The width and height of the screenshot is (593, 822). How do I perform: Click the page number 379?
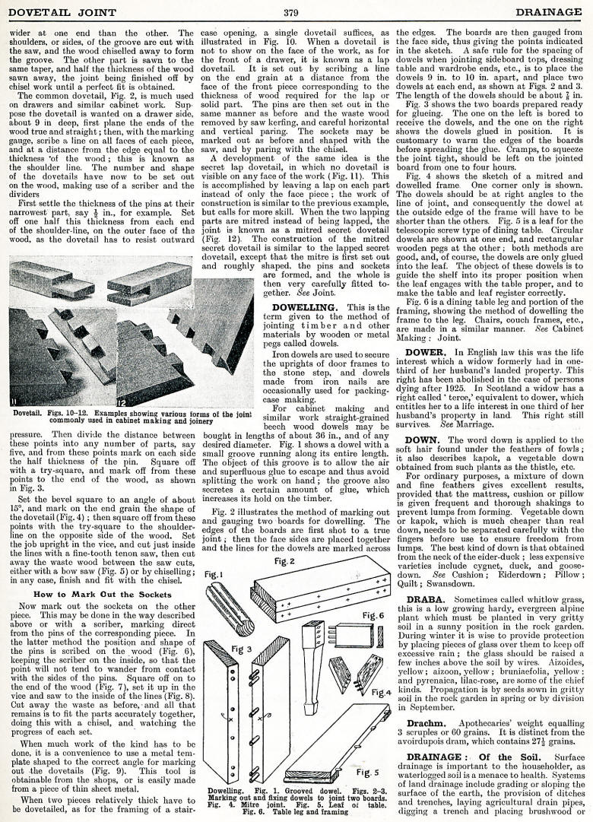click(290, 12)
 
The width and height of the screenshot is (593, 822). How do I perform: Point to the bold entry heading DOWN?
click(421, 440)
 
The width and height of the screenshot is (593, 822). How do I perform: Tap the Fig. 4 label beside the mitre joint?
click(381, 692)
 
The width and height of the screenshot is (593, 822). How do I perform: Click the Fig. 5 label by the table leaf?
click(367, 773)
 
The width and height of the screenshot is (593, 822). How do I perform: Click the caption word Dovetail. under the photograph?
click(30, 414)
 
